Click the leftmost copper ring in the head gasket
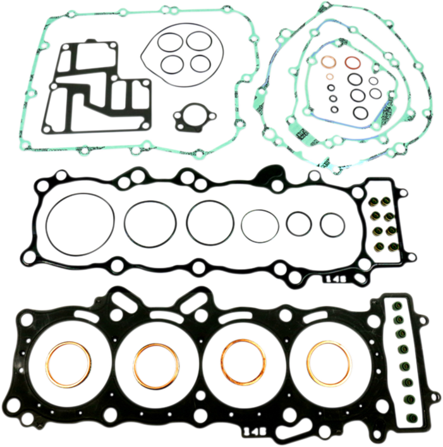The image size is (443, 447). [x=68, y=365]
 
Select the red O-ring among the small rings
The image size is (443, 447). [x=351, y=64]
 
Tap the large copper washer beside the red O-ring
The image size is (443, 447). [x=329, y=65]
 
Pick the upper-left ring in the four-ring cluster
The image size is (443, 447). [x=170, y=42]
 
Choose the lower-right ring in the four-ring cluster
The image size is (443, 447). [x=199, y=63]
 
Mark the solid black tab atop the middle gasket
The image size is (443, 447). [x=274, y=170]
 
